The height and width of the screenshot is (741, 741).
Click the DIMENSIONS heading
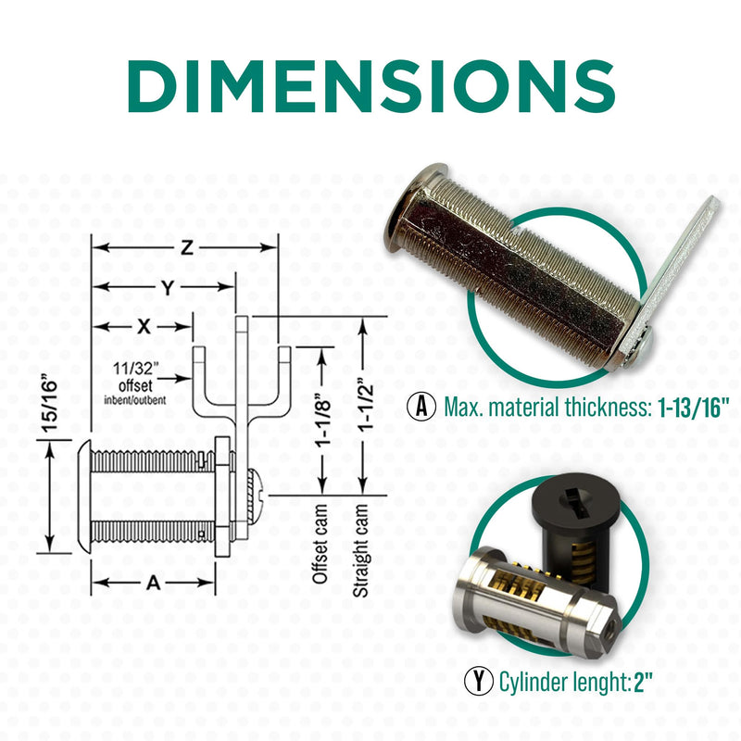(371, 86)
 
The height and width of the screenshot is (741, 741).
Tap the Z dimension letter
(187, 247)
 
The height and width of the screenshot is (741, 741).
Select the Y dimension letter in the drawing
(168, 287)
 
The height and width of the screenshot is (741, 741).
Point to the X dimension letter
(144, 327)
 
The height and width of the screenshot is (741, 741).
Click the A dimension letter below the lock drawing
(154, 583)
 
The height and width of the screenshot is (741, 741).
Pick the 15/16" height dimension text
(49, 403)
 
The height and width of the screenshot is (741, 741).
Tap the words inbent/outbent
(135, 400)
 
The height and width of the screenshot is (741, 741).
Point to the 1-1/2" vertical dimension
(365, 405)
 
